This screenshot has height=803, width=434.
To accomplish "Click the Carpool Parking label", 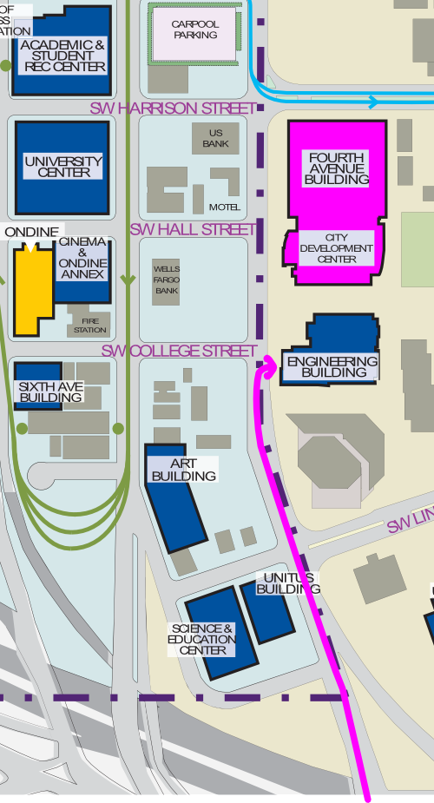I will [x=195, y=30].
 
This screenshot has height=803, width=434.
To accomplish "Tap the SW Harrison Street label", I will [x=174, y=109].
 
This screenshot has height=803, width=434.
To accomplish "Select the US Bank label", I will [x=216, y=138].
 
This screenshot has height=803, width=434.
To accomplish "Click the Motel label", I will [x=224, y=207].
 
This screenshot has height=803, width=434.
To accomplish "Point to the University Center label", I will [x=63, y=167].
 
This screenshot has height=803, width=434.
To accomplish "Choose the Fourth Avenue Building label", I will [x=336, y=168].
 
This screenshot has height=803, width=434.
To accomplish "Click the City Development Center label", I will [x=336, y=248].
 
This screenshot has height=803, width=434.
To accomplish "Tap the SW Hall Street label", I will [x=193, y=229].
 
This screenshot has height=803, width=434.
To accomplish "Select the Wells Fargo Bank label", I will [x=167, y=280].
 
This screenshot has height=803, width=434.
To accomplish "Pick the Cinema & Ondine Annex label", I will [x=82, y=258].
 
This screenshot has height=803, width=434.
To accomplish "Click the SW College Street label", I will [x=180, y=351].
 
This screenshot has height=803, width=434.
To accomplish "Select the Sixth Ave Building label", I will [x=50, y=392].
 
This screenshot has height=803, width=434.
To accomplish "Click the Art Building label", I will [x=183, y=470].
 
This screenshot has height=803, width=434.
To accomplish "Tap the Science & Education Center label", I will [x=202, y=639].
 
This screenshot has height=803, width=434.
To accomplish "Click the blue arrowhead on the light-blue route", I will [x=373, y=102].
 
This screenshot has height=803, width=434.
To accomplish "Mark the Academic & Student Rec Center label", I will [x=62, y=56].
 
